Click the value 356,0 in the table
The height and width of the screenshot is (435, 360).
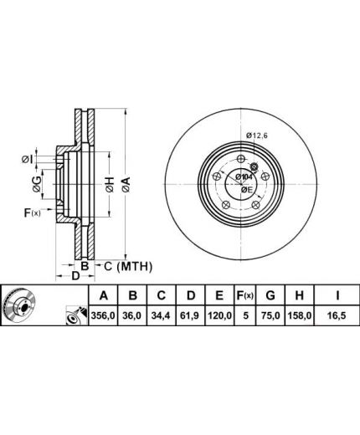tap(103, 315)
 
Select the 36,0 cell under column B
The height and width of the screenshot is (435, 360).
tap(132, 315)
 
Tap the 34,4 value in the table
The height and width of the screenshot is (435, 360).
tap(162, 315)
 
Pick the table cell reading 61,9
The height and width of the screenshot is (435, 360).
tap(191, 315)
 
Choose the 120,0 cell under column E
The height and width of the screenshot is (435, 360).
tap(219, 315)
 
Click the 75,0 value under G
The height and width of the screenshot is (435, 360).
tap(270, 315)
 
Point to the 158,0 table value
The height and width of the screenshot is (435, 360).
tap(300, 315)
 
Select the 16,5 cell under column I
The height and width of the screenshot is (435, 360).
tap(337, 315)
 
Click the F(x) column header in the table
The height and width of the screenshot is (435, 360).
tap(244, 295)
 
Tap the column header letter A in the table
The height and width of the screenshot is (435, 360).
tap(104, 295)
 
